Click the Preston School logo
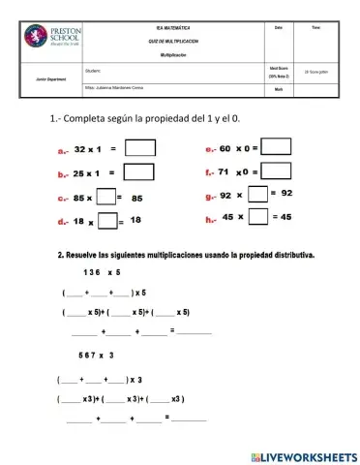[x=45, y=44]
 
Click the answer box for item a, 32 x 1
[x=140, y=149]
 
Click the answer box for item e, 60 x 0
[x=277, y=147]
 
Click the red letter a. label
[x=63, y=151]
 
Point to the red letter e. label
[x=209, y=149]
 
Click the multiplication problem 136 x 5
[x=101, y=272]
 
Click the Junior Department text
[x=49, y=78]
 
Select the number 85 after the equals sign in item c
[x=137, y=198]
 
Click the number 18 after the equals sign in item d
[x=135, y=221]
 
